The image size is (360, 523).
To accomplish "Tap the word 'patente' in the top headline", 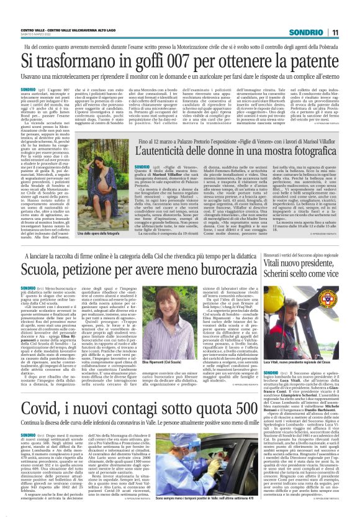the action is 312,61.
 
